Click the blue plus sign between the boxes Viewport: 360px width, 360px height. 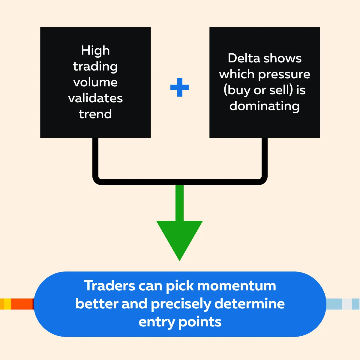179,87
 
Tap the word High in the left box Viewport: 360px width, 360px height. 95,50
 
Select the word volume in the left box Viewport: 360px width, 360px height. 95,82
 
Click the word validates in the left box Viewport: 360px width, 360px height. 95,98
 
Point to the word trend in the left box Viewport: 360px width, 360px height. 95,114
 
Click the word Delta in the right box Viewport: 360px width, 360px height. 244,58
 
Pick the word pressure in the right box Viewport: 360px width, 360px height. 284,75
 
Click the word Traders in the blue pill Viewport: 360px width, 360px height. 110,286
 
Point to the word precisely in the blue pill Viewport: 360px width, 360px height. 181,304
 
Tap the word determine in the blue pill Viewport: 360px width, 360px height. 250,304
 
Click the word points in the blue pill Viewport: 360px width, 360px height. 200,322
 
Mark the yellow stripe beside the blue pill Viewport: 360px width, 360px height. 7,304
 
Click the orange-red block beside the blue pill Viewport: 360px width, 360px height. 22,304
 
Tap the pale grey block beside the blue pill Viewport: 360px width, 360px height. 347,304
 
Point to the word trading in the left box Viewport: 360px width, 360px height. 95,67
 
